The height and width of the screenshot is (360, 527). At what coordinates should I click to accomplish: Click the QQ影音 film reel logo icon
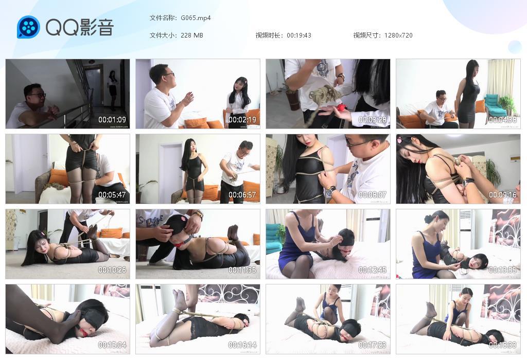pyautogui.click(x=28, y=27)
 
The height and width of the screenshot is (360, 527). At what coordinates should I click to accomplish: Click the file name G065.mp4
pyautogui.click(x=196, y=18)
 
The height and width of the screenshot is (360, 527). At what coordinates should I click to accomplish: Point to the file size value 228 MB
pyautogui.click(x=192, y=35)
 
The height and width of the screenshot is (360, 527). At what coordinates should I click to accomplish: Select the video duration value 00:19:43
pyautogui.click(x=299, y=35)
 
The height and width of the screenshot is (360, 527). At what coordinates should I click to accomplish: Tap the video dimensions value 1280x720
pyautogui.click(x=398, y=35)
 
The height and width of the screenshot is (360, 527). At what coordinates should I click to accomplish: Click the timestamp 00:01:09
pyautogui.click(x=112, y=120)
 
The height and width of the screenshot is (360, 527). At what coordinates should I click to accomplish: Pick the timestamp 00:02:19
pyautogui.click(x=242, y=120)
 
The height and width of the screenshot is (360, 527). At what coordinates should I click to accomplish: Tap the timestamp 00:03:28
pyautogui.click(x=373, y=120)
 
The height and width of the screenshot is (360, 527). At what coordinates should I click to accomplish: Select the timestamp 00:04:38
pyautogui.click(x=503, y=120)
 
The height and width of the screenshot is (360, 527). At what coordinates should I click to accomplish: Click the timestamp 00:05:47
pyautogui.click(x=112, y=195)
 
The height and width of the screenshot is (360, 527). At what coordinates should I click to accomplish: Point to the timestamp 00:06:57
pyautogui.click(x=242, y=195)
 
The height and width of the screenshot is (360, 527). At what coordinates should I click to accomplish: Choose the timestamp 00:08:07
pyautogui.click(x=373, y=195)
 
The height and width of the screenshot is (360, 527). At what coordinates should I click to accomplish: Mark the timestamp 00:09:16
pyautogui.click(x=503, y=195)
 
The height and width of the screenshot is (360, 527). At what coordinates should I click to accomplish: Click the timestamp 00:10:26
pyautogui.click(x=112, y=270)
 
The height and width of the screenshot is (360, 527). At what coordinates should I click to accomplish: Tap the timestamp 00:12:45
pyautogui.click(x=373, y=270)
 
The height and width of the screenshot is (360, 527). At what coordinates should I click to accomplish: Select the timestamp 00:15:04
pyautogui.click(x=112, y=345)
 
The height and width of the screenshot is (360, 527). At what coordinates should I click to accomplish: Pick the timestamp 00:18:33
pyautogui.click(x=503, y=345)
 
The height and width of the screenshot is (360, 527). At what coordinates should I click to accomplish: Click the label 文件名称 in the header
pyautogui.click(x=163, y=18)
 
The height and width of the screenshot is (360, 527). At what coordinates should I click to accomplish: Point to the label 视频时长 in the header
pyautogui.click(x=269, y=35)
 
